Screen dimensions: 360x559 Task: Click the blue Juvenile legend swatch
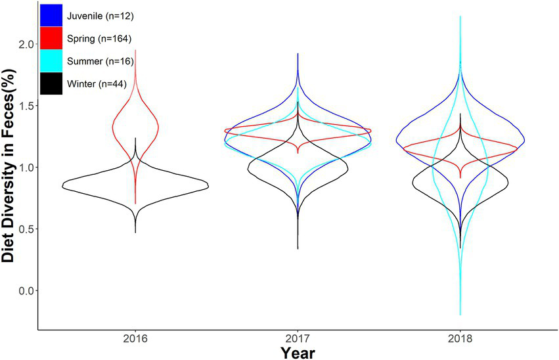[x=51, y=15]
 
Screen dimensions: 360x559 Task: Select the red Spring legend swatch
[x=51, y=39]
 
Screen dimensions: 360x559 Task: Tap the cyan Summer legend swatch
[x=51, y=61]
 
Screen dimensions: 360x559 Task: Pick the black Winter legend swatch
[x=51, y=83]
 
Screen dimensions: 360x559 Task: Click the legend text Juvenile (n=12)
[x=100, y=16]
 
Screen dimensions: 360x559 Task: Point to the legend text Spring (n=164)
[x=100, y=39]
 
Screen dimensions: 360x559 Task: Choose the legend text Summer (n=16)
[x=100, y=62]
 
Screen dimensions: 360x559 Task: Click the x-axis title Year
[x=298, y=352]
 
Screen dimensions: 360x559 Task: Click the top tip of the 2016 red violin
[x=135, y=50]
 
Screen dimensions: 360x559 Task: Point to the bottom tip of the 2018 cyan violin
[x=460, y=315]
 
